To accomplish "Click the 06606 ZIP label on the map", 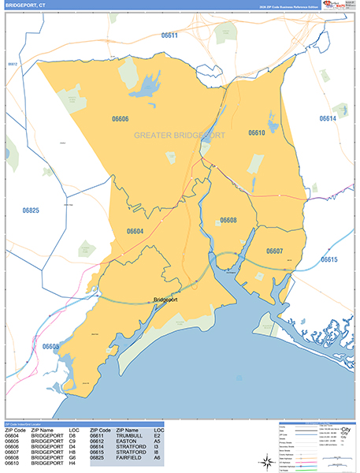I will point(121,119).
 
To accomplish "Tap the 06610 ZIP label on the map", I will point(256,133).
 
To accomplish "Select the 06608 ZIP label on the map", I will point(228,220).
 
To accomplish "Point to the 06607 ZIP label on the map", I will point(274,251).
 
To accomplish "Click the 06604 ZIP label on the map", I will point(135,231).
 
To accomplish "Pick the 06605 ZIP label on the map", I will point(51,346).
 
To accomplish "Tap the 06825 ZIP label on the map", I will point(31,210).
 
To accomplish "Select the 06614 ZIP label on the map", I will point(328,118).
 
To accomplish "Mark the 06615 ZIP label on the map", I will point(329,259).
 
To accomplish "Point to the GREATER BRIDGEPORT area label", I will point(180,136).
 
